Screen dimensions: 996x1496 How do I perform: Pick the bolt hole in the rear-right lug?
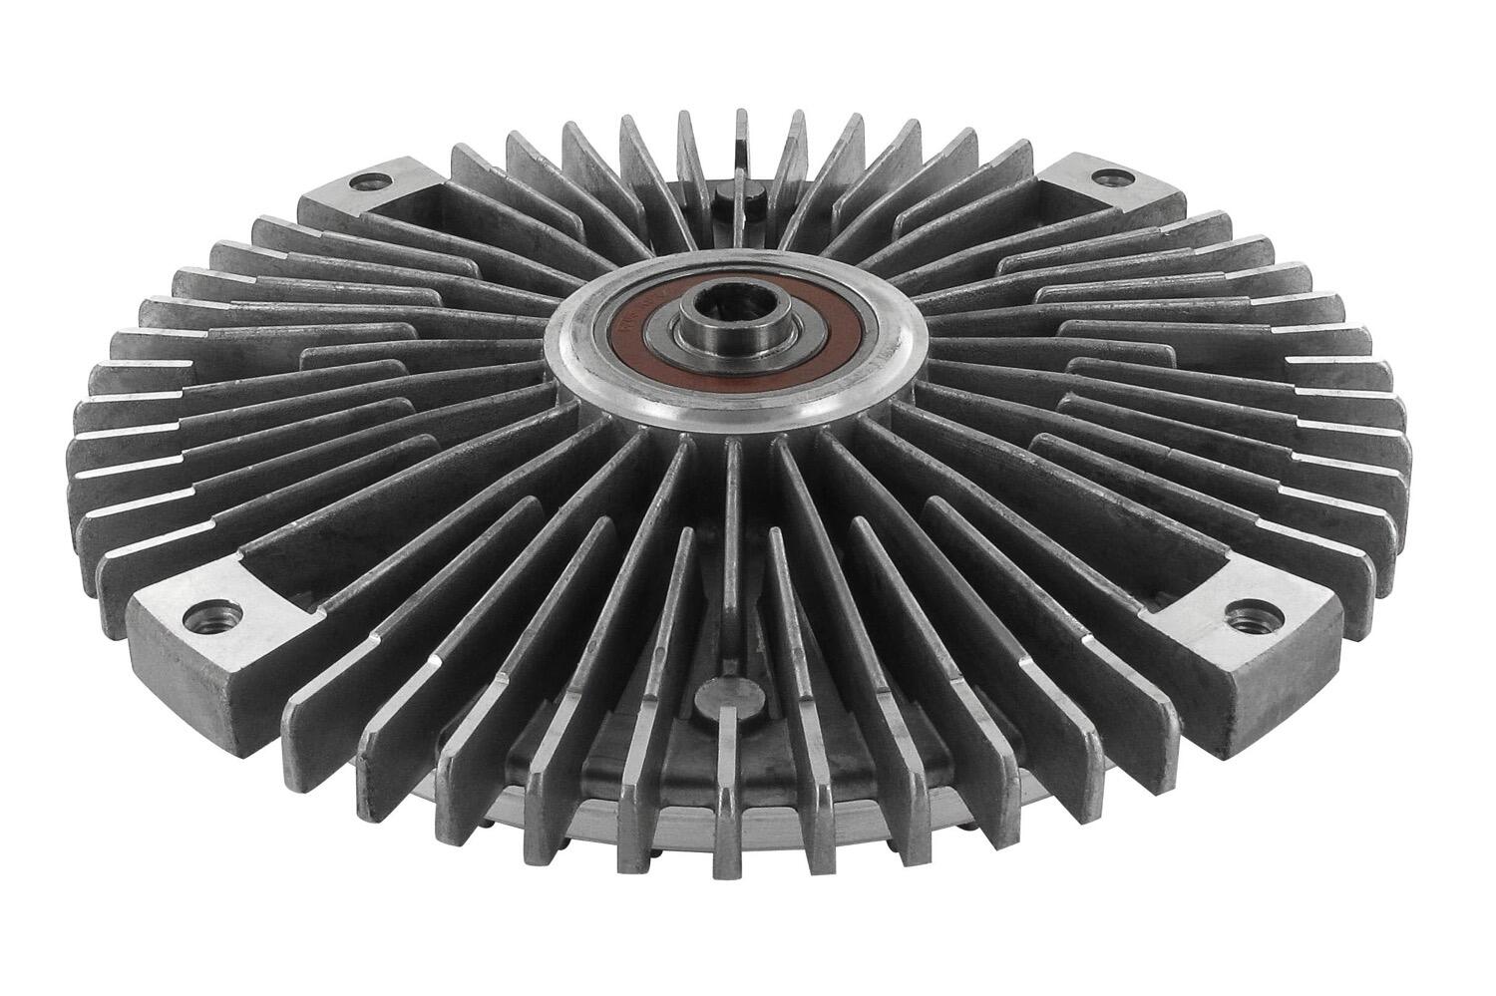[x=1104, y=178]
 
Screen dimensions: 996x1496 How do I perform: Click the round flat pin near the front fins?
[x=725, y=692]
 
